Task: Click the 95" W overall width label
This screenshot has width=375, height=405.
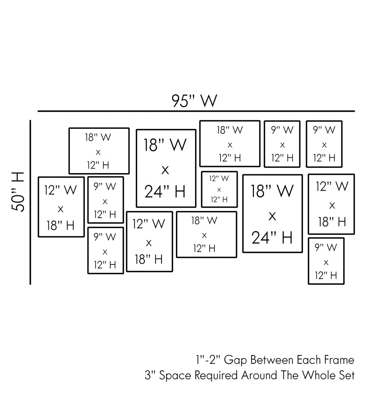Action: [x=194, y=100]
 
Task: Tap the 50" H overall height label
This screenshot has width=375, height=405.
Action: [x=18, y=192]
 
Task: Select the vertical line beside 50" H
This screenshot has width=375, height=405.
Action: [x=30, y=202]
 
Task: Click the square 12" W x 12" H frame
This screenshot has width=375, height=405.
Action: [x=219, y=189]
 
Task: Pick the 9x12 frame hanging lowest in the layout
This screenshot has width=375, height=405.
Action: [x=326, y=261]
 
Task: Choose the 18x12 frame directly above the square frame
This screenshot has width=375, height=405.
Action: [x=229, y=143]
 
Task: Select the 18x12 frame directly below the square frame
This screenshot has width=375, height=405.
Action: [x=206, y=235]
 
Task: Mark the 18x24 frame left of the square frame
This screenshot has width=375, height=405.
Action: [x=166, y=168]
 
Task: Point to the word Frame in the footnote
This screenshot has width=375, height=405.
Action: [x=339, y=360]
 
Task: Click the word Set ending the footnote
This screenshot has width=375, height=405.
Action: [x=346, y=375]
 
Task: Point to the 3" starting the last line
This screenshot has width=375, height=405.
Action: [x=150, y=375]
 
